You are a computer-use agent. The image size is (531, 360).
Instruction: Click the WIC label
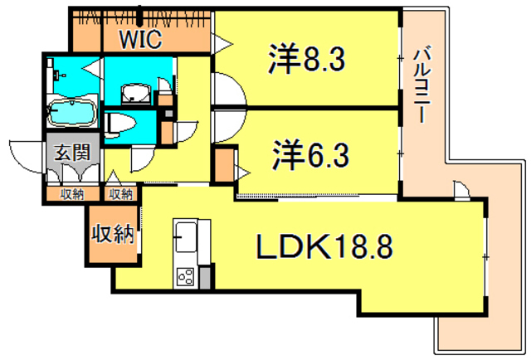coord(137,37)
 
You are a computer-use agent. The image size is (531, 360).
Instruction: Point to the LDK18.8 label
coord(323,246)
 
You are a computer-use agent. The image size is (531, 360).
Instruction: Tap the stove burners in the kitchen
coord(184,277)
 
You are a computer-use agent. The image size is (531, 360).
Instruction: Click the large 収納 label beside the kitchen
coord(112,235)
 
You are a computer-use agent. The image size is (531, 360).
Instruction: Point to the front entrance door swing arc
coord(25,158)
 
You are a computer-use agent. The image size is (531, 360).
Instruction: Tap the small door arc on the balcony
coord(463,192)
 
